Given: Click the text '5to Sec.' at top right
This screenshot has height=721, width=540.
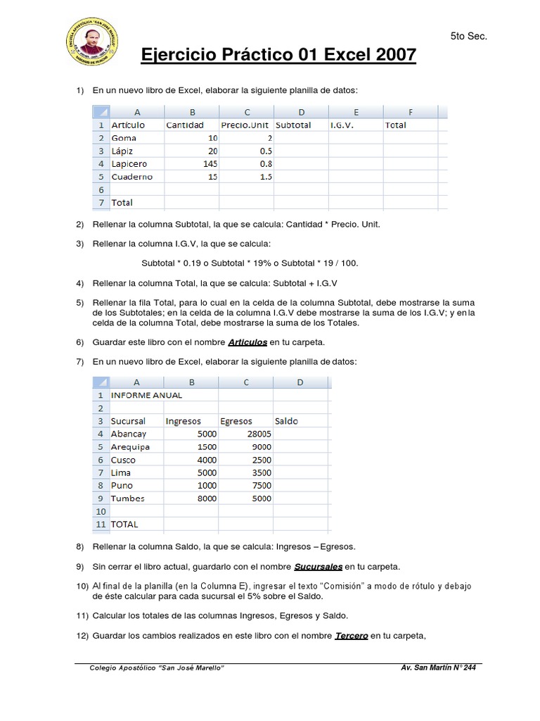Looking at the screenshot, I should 468,36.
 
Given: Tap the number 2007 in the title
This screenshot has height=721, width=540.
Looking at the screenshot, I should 390,55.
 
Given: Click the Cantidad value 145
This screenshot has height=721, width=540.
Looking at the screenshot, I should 208,164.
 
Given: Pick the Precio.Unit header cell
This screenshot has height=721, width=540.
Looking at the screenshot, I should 245,125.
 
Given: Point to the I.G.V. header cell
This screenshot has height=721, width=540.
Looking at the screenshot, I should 343,125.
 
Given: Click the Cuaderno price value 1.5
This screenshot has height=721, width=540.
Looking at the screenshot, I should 265,177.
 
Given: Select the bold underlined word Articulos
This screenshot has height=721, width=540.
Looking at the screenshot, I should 247,341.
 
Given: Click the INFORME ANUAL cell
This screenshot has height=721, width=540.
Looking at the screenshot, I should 146,395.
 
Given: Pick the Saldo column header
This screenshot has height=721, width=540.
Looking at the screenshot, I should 287,421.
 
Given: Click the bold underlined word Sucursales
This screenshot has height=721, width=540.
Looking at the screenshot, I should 318,566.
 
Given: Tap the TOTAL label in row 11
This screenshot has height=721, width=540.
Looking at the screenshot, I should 124,524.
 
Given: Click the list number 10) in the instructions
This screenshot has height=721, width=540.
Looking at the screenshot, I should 82,586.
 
